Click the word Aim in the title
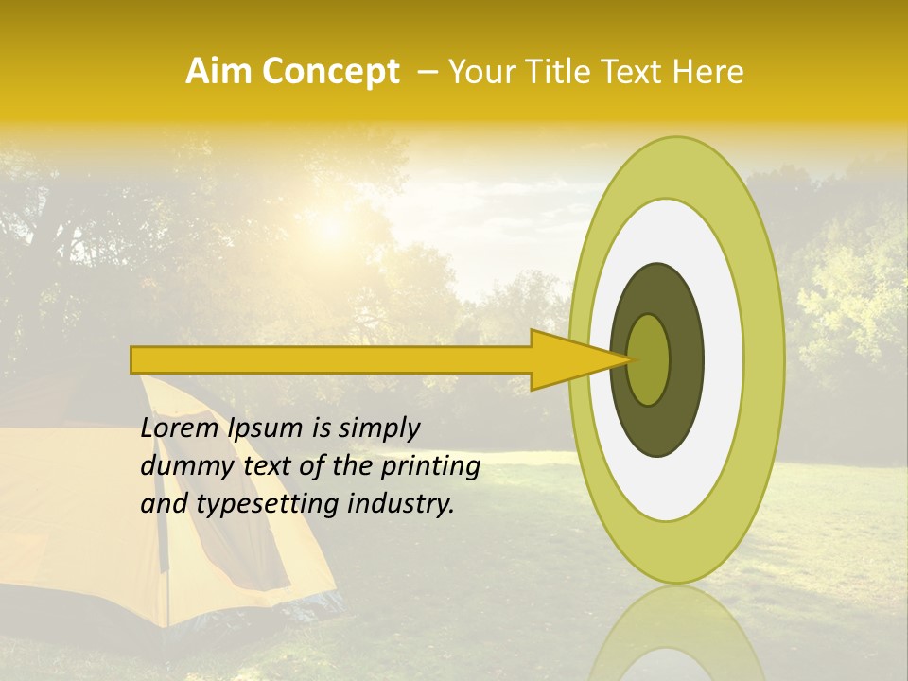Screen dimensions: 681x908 218,72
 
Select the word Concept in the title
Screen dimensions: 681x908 329,73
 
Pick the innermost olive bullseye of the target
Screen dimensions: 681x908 648,359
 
